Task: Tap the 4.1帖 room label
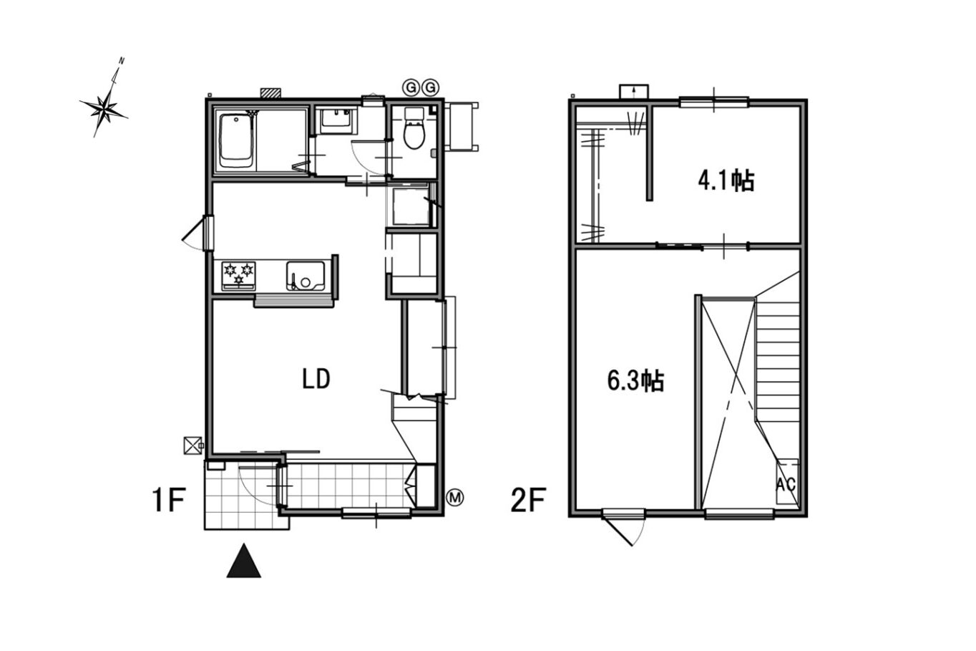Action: (726, 180)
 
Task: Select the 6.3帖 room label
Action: (635, 381)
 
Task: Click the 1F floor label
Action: (169, 500)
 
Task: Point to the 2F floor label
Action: (528, 500)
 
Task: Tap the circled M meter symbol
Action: (456, 497)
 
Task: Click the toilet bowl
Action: (414, 135)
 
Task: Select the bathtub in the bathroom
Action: (235, 141)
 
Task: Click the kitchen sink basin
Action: (306, 276)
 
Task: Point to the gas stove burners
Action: (239, 276)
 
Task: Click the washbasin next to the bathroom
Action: (336, 122)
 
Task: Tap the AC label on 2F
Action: (786, 484)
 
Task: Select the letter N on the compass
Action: (122, 61)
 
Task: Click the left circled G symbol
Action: (410, 88)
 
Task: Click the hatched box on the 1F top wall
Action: (271, 93)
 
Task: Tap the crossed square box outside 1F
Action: (192, 445)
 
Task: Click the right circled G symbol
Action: (430, 88)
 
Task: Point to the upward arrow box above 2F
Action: (634, 92)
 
